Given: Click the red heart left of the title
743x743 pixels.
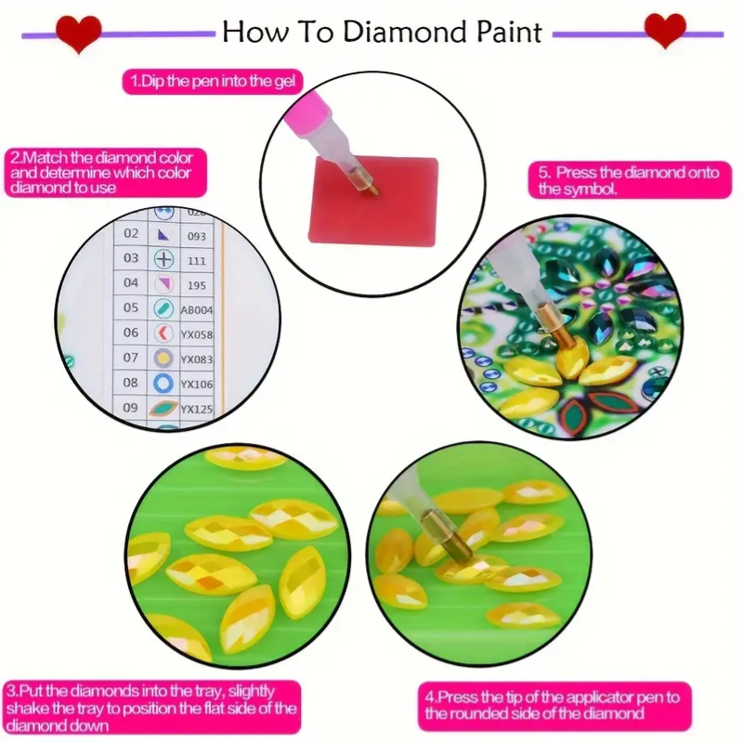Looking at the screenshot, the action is pos(78,33).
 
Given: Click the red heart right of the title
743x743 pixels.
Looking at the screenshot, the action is pos(665,30).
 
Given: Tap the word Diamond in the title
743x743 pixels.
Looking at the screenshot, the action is pos(404,33).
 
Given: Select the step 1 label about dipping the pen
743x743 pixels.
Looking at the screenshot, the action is pos(213,81).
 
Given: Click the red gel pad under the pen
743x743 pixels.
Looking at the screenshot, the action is pos(373,201).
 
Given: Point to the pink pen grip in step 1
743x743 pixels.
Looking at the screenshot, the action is pos(309,114).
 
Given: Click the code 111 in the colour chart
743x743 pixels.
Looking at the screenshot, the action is pos(197,261).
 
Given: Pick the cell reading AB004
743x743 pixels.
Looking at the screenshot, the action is pos(197,310).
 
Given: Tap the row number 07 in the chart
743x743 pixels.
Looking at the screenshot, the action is pos(131,358).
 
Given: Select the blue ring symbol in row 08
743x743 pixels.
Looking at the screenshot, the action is pos(163,383).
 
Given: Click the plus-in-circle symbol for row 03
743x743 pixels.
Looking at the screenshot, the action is pos(164,259).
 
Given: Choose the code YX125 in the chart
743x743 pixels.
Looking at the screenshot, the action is pos(197,409).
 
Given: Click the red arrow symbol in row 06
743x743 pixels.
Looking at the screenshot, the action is pos(163,333).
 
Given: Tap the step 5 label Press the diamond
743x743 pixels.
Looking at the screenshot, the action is pos(630,180).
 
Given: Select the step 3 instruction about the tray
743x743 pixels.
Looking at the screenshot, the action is pos(152,708).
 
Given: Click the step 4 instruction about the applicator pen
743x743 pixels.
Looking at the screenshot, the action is pos(554,706).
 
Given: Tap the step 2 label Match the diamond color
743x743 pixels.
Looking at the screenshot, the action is pos(105,173).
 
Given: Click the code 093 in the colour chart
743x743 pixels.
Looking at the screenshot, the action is pos(197,236).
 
